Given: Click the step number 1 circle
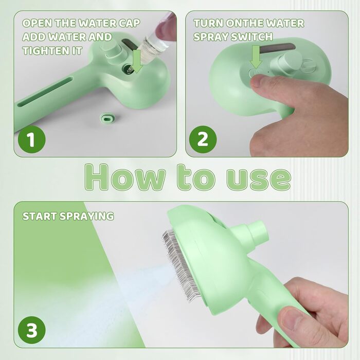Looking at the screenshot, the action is (32, 139).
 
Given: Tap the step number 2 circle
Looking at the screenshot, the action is (203, 139).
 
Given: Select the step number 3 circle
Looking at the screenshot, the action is (32, 330).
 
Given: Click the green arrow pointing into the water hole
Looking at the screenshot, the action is (137, 61).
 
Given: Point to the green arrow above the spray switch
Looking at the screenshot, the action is (256, 57).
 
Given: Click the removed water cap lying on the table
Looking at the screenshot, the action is (107, 118).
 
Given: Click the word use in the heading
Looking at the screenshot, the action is (259, 179).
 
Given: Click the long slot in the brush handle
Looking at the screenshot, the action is (45, 92).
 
